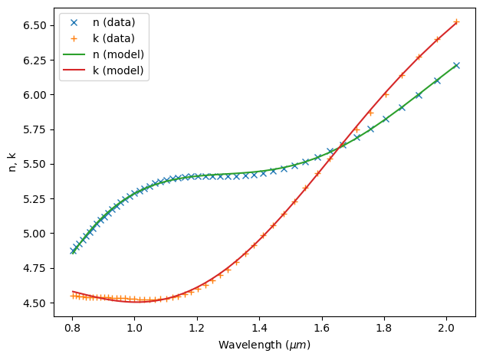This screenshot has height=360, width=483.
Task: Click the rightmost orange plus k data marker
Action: click(x=456, y=21)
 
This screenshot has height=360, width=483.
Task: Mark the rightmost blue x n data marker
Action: click(x=456, y=65)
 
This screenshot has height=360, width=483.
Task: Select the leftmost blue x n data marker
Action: click(x=73, y=250)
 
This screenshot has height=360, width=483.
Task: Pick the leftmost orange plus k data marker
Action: click(x=73, y=296)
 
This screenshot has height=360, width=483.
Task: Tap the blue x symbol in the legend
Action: click(x=77, y=22)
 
